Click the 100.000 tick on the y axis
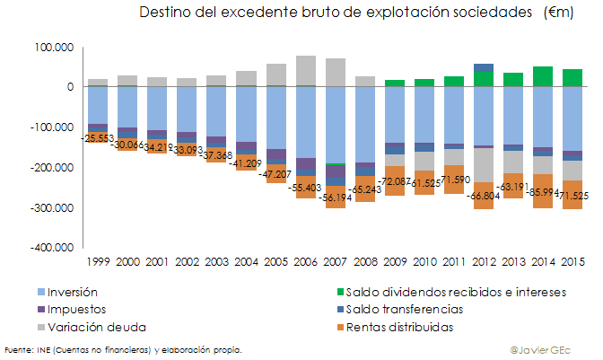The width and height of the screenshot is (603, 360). [x=55, y=47]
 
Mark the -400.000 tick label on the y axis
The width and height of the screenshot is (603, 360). [x=52, y=249]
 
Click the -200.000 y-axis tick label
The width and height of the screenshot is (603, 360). [x=52, y=168]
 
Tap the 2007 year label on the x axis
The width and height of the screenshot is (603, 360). [x=336, y=261]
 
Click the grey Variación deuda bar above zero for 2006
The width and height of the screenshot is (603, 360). [x=306, y=70]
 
